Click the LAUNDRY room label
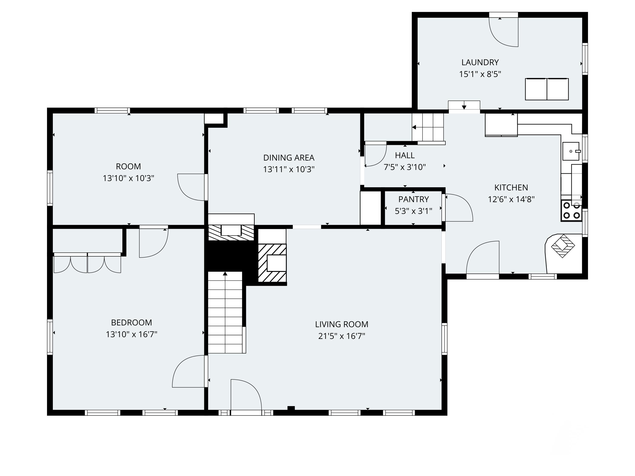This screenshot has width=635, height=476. pos(480,62)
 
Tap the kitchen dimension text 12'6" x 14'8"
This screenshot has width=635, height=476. pos(511,199)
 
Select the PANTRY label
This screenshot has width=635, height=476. pos(413,199)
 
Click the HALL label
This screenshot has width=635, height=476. pos(405,155)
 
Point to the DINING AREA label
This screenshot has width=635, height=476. pos(289,158)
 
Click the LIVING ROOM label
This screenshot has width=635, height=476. pos(342,324)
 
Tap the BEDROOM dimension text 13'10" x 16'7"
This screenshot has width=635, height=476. pos(131,334)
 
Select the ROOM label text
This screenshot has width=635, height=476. pos(128,166)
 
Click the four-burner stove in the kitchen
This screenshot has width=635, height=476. pos(571,210)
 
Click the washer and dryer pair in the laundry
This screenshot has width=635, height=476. pos(547,89)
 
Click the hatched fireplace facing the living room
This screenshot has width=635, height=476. pos(272,263)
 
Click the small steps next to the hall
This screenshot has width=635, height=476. pos(428,127)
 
